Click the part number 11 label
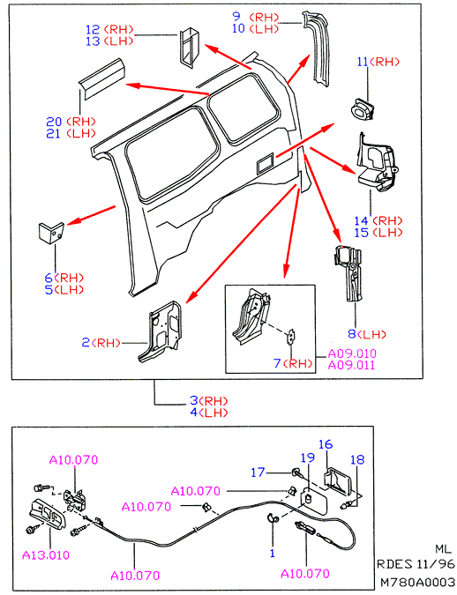coord(363,62)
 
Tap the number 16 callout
coord(326,444)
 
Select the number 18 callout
coord(357,459)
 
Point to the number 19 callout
coord(308,457)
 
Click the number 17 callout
coord(258,472)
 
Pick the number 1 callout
coord(272,554)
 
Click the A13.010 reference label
coord(46,555)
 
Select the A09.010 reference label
coord(352,353)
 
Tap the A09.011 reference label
coord(351,366)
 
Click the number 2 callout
coord(86,343)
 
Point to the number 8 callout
coord(351,334)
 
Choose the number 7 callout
coord(277,363)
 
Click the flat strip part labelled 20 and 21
coord(101,78)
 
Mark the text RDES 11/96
coord(415,564)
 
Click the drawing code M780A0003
coord(417,582)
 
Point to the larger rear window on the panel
coord(173,152)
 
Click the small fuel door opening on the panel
coord(266,162)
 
